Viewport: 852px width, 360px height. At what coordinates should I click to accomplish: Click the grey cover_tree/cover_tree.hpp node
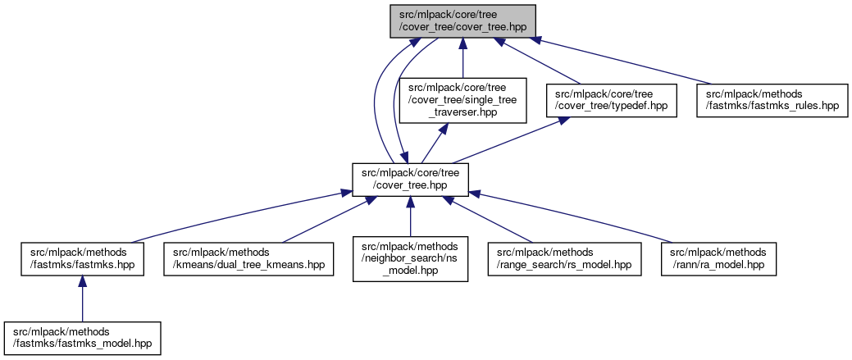pos(462,21)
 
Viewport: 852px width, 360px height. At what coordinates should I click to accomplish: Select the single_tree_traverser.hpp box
pos(462,101)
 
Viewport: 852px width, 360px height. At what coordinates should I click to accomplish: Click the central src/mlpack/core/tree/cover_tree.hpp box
pos(410,180)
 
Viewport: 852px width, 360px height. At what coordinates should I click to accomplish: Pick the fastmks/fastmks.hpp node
pos(82,259)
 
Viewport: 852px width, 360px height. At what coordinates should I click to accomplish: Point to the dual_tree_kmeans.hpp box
pos(248,259)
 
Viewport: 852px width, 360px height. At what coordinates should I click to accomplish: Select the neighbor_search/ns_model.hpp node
pos(410,259)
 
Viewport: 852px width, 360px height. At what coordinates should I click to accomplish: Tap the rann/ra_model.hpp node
pos(718,259)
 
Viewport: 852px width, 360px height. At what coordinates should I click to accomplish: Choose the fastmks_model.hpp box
pos(82,338)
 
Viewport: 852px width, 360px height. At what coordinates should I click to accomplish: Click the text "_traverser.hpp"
pos(462,113)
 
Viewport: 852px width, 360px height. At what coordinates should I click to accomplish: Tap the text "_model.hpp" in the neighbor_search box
pos(410,271)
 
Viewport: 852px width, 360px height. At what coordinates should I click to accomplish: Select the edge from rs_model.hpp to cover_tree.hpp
pos(492,220)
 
